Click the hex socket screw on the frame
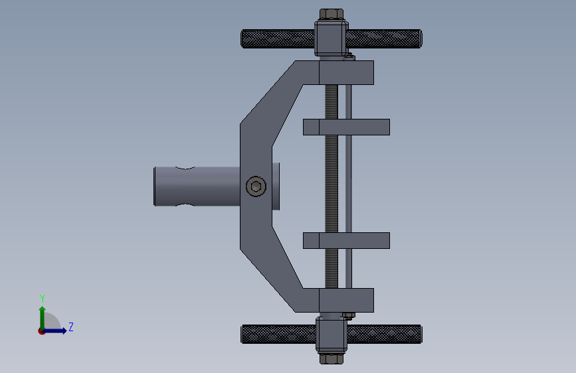[x=256, y=186]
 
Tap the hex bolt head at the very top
[x=332, y=14]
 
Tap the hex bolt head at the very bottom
[x=332, y=358]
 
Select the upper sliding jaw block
[x=346, y=127]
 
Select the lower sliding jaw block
[x=346, y=240]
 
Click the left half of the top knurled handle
[x=278, y=38]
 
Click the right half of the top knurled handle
[x=384, y=38]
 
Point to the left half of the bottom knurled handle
[x=278, y=334]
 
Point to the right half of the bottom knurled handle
[x=385, y=334]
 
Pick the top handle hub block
[x=332, y=38]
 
